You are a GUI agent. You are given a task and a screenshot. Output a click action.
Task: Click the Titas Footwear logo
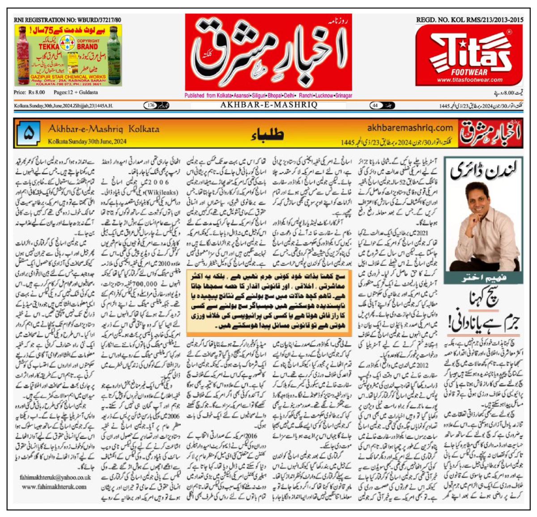click(469, 55)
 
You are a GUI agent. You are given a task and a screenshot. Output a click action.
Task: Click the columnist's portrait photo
click(482, 224)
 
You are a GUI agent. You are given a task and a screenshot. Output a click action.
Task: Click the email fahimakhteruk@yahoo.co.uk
click(55, 478)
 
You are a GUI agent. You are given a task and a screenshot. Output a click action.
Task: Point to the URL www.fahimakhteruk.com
click(54, 487)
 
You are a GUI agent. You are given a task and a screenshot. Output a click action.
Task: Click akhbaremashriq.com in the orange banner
click(410, 128)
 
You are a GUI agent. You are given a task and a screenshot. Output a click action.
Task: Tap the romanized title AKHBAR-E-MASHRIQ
click(268, 105)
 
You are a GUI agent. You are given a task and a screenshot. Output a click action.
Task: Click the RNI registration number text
click(67, 20)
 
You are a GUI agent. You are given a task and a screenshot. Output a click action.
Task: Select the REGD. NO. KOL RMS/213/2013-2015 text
click(469, 20)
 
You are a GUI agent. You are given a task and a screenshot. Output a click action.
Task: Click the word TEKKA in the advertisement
click(49, 46)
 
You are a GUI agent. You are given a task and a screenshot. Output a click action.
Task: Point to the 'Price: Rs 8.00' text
click(30, 92)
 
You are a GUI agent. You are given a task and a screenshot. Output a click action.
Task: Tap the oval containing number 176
click(152, 106)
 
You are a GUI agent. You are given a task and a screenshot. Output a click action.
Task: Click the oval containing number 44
click(375, 106)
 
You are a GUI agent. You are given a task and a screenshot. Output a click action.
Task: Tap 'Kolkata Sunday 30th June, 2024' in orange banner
click(87, 141)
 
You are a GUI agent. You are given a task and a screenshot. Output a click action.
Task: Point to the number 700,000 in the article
click(144, 284)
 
